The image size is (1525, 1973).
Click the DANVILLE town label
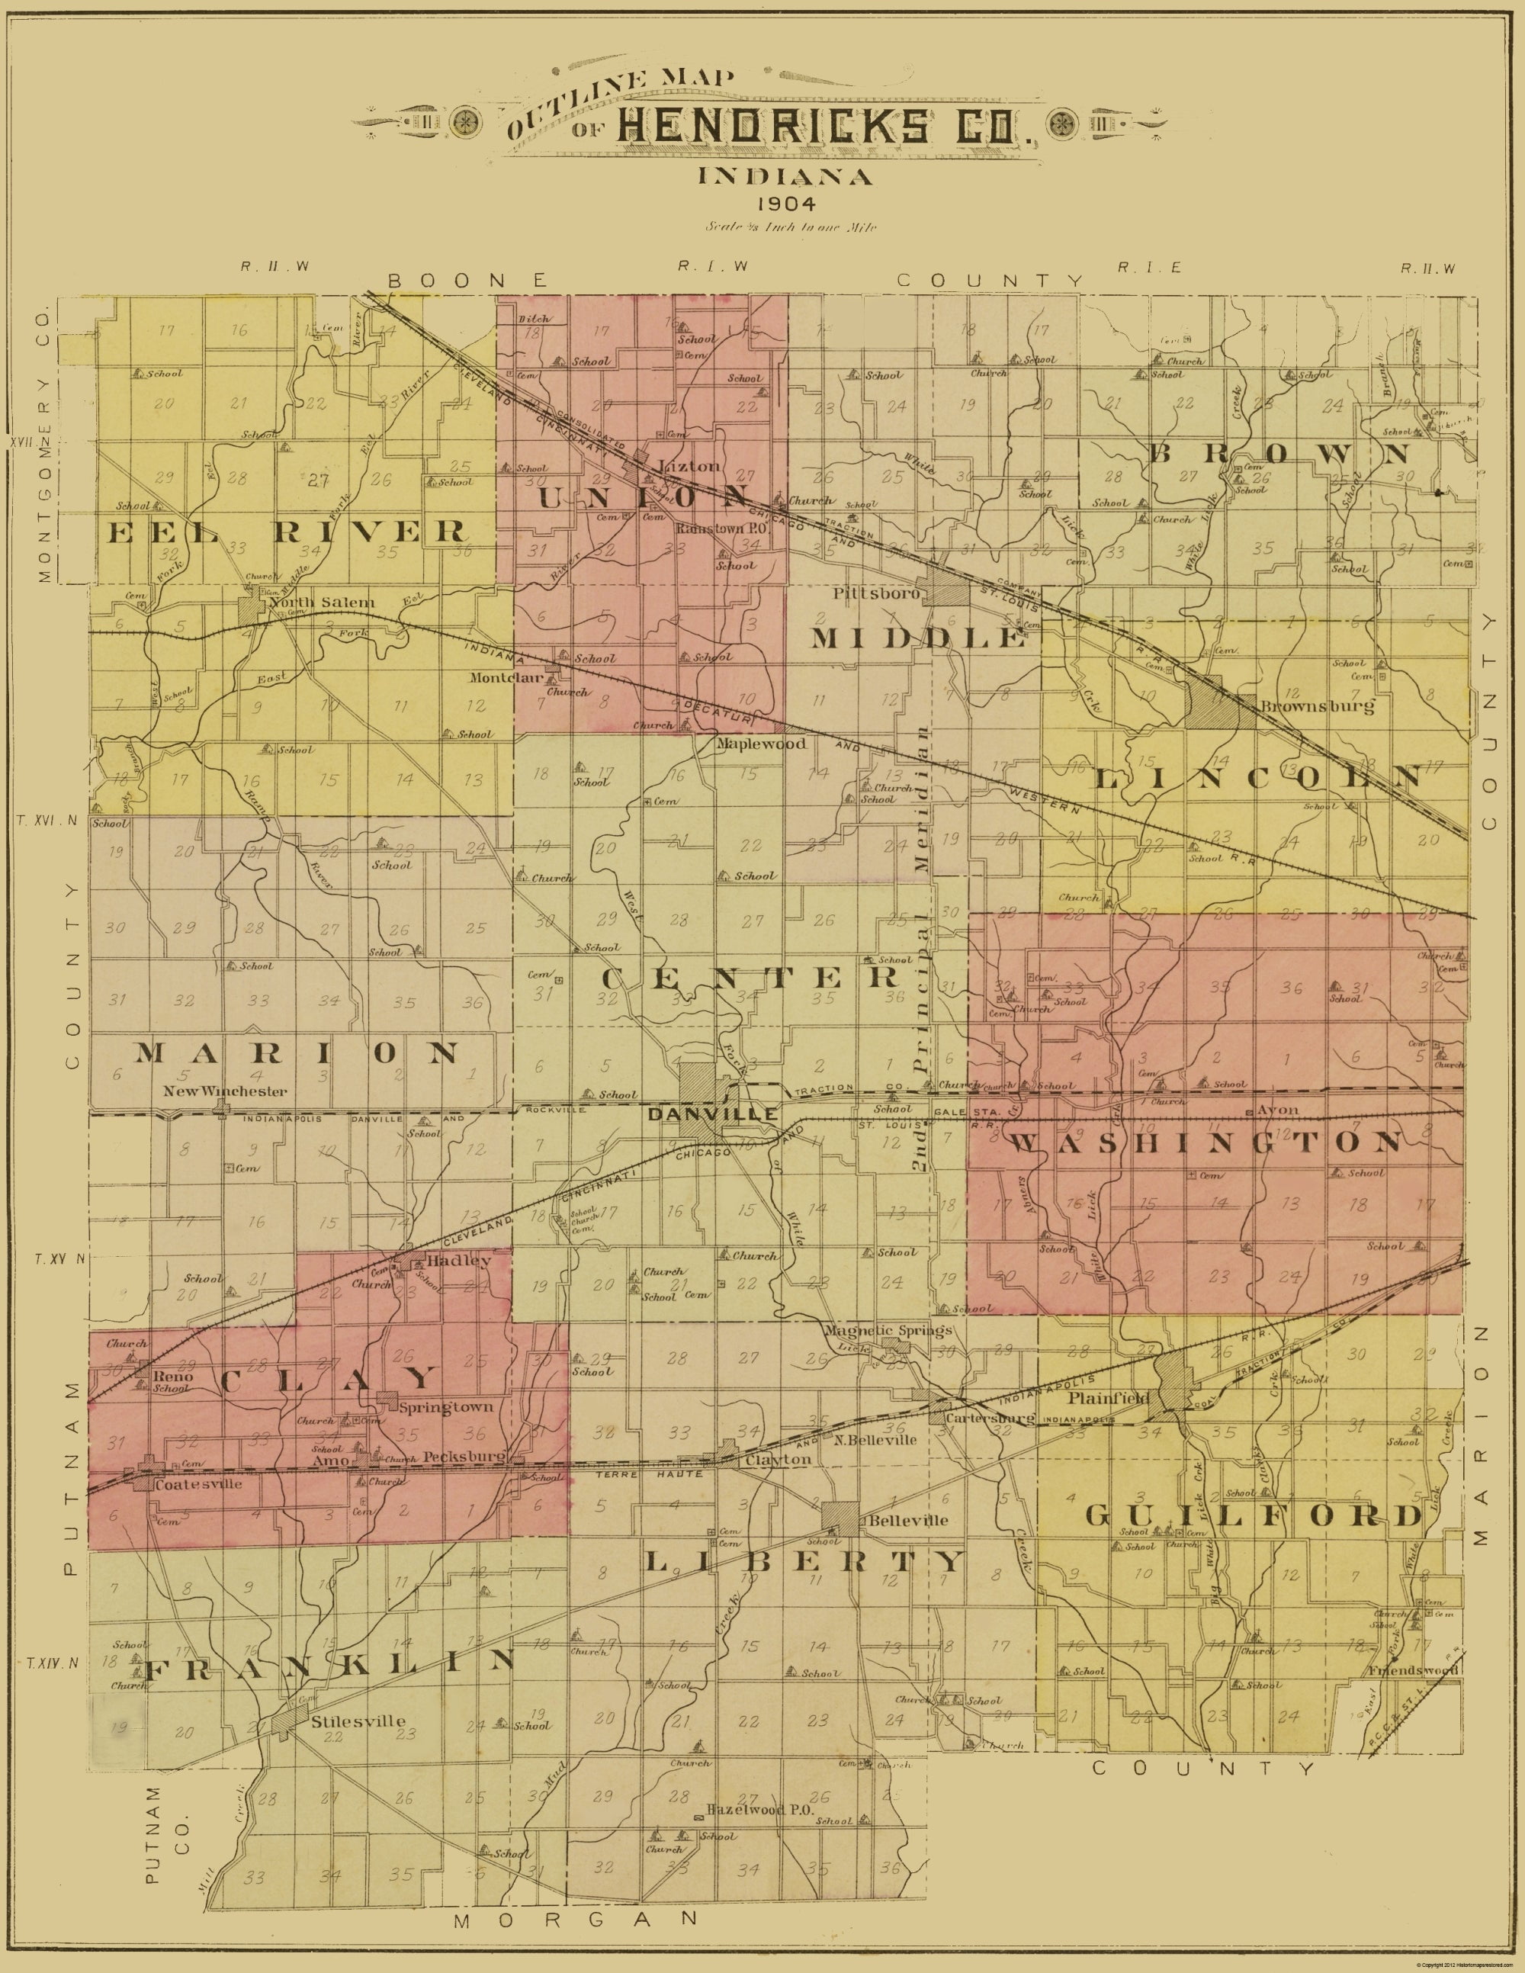click(x=712, y=1115)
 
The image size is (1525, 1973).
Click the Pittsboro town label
click(x=876, y=594)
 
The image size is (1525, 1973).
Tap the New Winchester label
click(x=225, y=1091)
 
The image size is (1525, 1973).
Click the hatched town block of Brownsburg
click(x=1220, y=701)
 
